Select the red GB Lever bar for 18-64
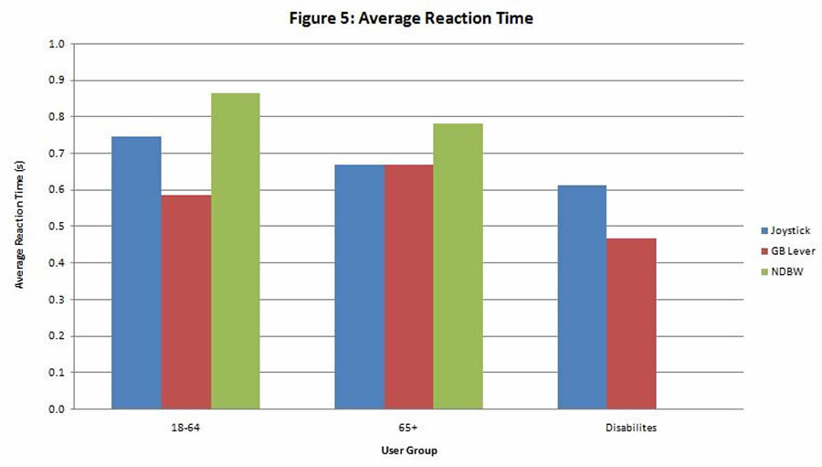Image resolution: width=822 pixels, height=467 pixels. [x=185, y=302]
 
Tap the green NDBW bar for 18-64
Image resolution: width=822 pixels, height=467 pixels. [x=235, y=250]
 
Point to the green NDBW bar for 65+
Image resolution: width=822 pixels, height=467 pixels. [x=458, y=266]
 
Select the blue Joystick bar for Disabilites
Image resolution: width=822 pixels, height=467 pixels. [x=582, y=297]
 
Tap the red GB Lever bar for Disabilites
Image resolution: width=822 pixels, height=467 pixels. [x=631, y=324]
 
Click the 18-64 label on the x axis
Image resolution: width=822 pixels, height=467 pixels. [x=185, y=426]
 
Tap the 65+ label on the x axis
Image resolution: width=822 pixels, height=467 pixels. [x=408, y=426]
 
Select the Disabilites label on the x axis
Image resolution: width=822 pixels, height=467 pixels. [x=631, y=426]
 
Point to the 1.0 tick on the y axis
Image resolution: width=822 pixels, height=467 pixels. [x=57, y=44]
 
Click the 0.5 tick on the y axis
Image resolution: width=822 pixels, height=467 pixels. [x=57, y=227]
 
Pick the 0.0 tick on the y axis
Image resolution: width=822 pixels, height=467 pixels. [x=57, y=409]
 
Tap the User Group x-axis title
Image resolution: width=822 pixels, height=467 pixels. [x=408, y=451]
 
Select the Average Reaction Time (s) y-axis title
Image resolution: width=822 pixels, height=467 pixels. [x=19, y=227]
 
